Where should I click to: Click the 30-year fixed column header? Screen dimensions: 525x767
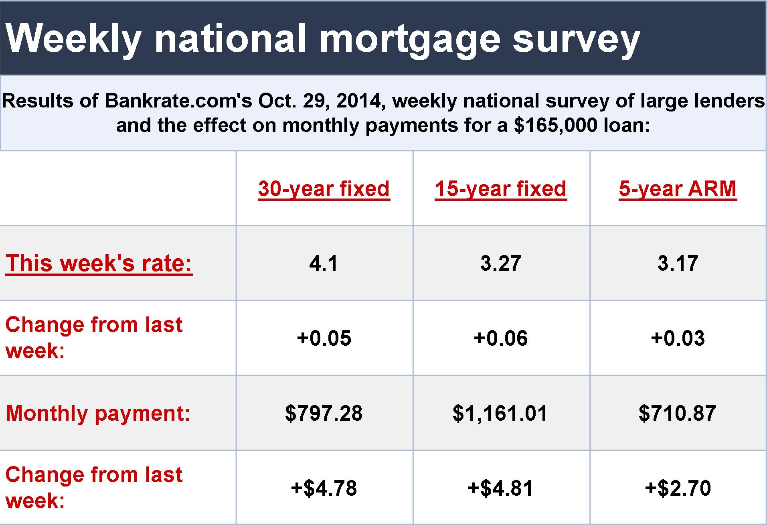click(324, 189)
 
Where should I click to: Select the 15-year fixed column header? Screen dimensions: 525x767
click(501, 189)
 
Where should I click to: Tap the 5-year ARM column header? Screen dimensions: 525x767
click(678, 189)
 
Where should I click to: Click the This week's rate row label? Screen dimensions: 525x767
click(99, 263)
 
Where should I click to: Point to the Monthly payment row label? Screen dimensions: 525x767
click(98, 413)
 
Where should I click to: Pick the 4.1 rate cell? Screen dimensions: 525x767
click(324, 264)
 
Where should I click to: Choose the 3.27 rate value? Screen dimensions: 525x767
click(501, 264)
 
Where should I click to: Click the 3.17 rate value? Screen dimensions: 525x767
click(678, 264)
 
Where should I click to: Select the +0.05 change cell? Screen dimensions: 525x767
click(324, 338)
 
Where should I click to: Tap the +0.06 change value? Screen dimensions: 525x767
click(501, 338)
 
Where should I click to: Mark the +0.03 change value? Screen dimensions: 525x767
click(678, 338)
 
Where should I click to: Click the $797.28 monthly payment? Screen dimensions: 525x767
click(324, 413)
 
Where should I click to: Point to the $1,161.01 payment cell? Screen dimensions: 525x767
click(500, 413)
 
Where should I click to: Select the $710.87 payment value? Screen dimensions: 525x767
click(678, 413)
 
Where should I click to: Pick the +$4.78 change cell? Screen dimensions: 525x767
click(324, 488)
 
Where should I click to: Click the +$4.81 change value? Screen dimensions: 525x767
click(501, 488)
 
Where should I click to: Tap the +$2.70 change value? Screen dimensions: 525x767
click(678, 488)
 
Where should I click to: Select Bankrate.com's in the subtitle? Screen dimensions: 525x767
click(178, 101)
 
